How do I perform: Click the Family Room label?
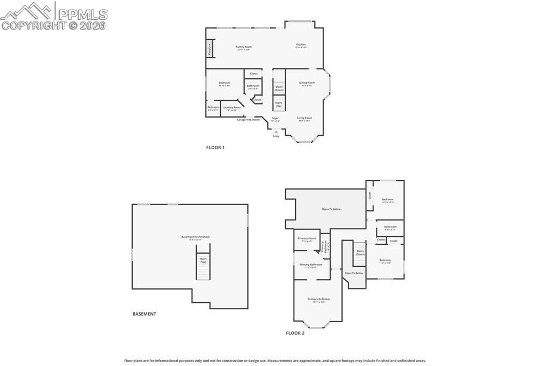tap(243, 47)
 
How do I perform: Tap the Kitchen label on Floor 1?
tap(301, 45)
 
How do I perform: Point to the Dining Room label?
tap(307, 83)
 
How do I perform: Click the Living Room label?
tap(305, 119)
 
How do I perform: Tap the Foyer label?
tap(275, 119)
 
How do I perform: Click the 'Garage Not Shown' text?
tap(248, 120)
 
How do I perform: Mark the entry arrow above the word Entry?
tap(276, 131)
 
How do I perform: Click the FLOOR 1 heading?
tap(215, 147)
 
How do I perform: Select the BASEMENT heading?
tap(144, 314)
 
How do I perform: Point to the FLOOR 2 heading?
tap(295, 333)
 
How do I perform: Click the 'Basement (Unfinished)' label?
tap(196, 237)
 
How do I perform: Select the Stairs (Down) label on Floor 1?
tap(279, 87)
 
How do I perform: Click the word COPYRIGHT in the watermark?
tap(33, 25)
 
